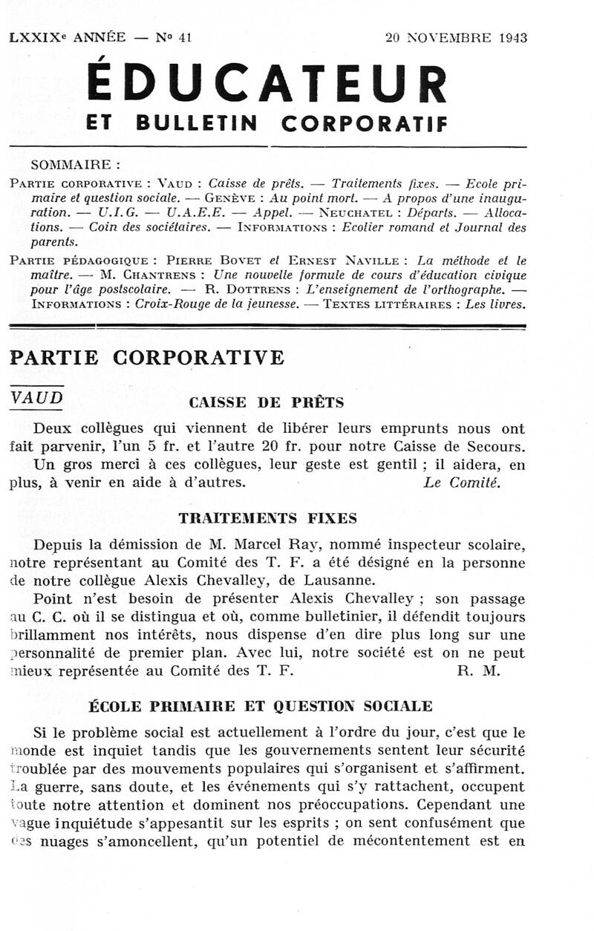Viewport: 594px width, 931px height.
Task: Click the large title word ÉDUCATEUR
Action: pyautogui.click(x=267, y=83)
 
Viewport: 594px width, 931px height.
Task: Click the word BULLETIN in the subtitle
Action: pyautogui.click(x=198, y=124)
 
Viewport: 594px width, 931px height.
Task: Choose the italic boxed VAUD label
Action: pyautogui.click(x=36, y=397)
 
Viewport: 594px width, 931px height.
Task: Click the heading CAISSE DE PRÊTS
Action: pyautogui.click(x=267, y=403)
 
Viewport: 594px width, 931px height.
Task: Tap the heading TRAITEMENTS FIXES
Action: pyautogui.click(x=267, y=518)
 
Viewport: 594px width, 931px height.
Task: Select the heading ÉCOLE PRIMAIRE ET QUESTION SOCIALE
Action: pyautogui.click(x=260, y=705)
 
